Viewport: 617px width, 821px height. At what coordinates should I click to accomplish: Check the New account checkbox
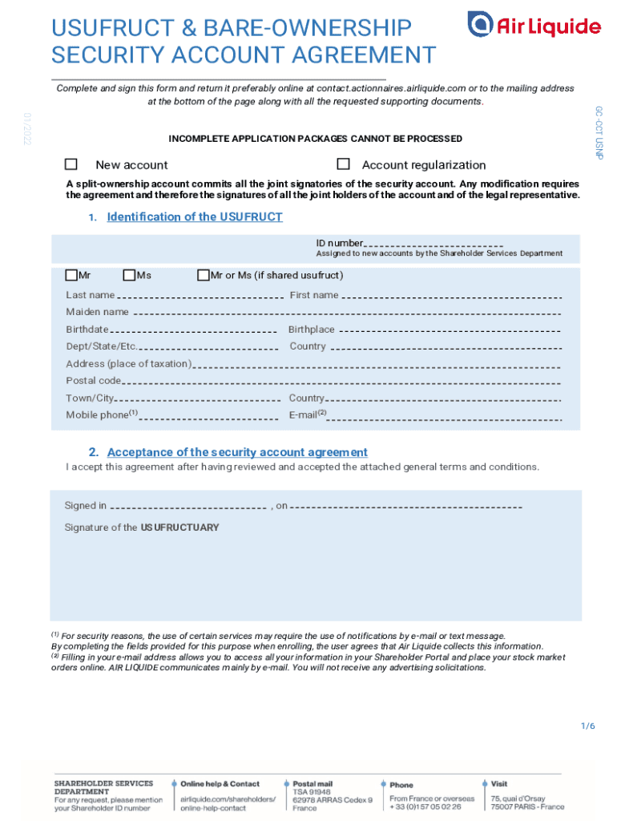pos(71,164)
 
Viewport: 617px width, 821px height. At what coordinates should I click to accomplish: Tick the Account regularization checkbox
pos(344,164)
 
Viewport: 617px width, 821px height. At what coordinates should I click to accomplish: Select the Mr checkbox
pos(72,275)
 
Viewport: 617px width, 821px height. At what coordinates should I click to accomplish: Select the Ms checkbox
pos(131,275)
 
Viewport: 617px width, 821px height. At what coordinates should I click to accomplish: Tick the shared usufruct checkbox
pos(204,275)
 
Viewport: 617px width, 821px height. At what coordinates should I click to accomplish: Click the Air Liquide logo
pos(534,26)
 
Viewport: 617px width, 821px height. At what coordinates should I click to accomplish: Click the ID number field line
pos(434,245)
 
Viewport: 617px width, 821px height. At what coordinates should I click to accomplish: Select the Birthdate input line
pos(194,331)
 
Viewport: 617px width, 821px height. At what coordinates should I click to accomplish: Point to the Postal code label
pos(94,381)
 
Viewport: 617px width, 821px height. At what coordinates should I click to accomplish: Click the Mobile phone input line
pos(209,417)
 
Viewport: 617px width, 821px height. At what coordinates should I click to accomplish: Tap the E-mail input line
pos(446,417)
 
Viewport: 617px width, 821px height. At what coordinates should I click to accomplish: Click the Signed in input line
pos(188,508)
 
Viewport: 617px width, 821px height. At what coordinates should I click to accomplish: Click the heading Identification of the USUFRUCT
pos(195,217)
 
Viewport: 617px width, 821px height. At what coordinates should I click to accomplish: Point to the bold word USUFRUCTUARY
pos(179,528)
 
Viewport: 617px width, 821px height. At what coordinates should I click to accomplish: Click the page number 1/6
pos(588,726)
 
